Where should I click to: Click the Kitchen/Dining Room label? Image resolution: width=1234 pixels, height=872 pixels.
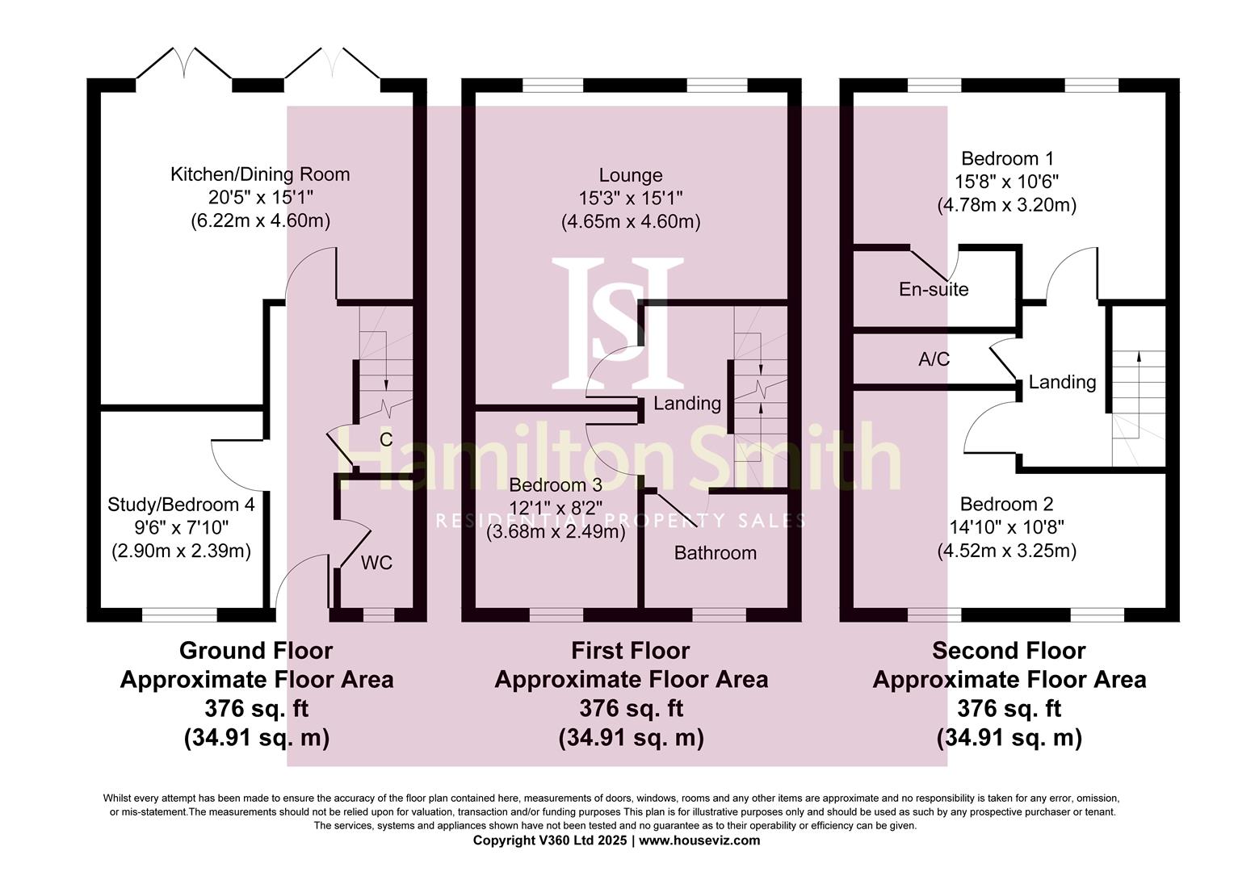point(260,174)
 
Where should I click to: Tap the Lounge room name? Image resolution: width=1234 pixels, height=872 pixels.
point(631,175)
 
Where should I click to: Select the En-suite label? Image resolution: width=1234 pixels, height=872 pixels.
point(934,289)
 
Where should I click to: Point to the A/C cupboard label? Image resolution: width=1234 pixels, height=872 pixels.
point(934,359)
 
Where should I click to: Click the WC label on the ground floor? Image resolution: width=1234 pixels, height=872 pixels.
point(376,563)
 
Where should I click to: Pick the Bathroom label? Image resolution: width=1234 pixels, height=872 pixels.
point(715,553)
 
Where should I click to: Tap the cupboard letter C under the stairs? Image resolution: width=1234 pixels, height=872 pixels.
point(386,439)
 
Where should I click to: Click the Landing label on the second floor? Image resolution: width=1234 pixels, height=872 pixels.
point(1062,382)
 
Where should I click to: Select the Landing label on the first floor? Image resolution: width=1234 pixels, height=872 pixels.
point(687,403)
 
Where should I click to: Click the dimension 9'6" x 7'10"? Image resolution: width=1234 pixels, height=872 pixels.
point(181,528)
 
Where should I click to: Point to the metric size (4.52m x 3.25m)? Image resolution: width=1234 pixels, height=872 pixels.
point(1006,551)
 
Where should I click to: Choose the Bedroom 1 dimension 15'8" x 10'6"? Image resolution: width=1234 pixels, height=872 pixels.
point(1006,182)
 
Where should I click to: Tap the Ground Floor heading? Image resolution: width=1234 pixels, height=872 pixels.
point(256,651)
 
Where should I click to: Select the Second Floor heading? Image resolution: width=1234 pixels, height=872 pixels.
point(1009,651)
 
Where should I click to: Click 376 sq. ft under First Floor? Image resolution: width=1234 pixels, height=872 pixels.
point(631,709)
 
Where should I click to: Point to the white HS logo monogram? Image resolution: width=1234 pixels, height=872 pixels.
point(618,323)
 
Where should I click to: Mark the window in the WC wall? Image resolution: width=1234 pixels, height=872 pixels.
point(379,615)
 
